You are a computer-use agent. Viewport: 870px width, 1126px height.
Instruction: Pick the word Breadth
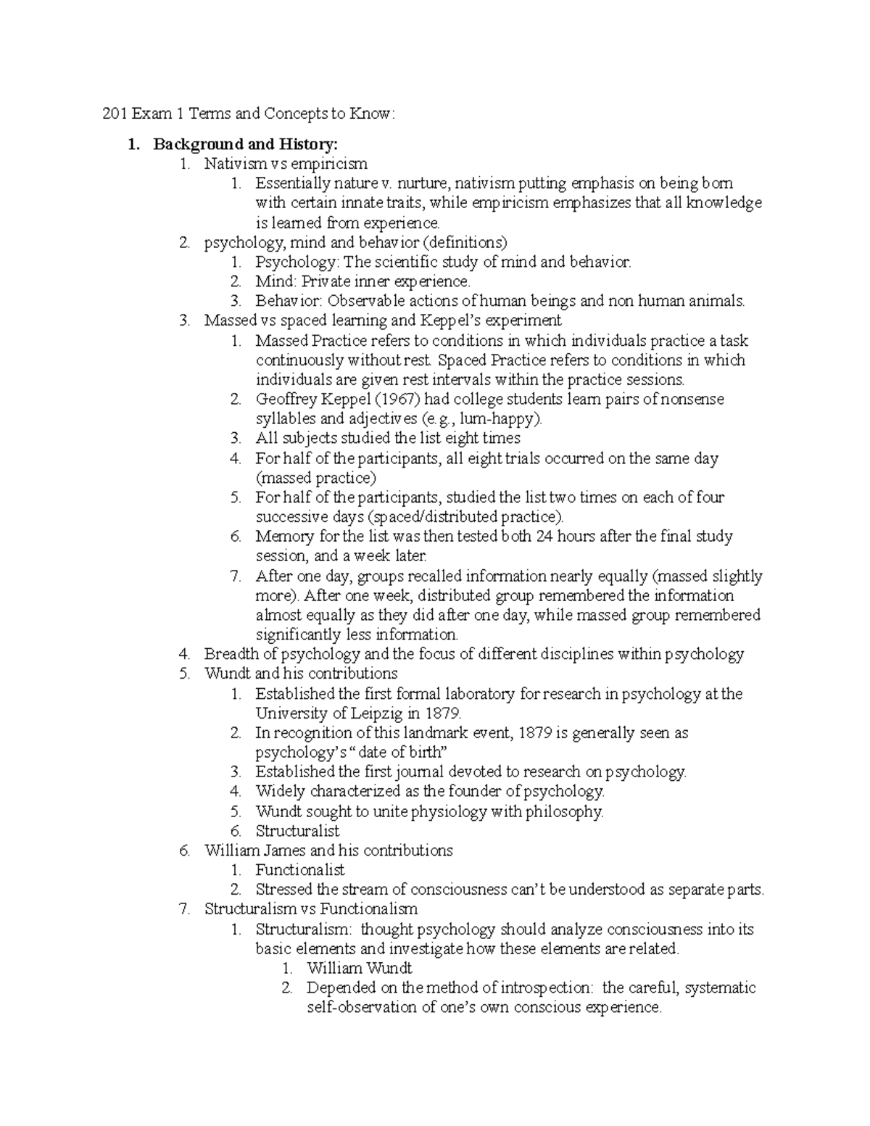[x=231, y=654]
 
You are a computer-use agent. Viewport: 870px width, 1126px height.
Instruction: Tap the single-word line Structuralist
[x=297, y=831]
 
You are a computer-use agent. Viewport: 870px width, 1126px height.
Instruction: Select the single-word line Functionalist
[x=299, y=870]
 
